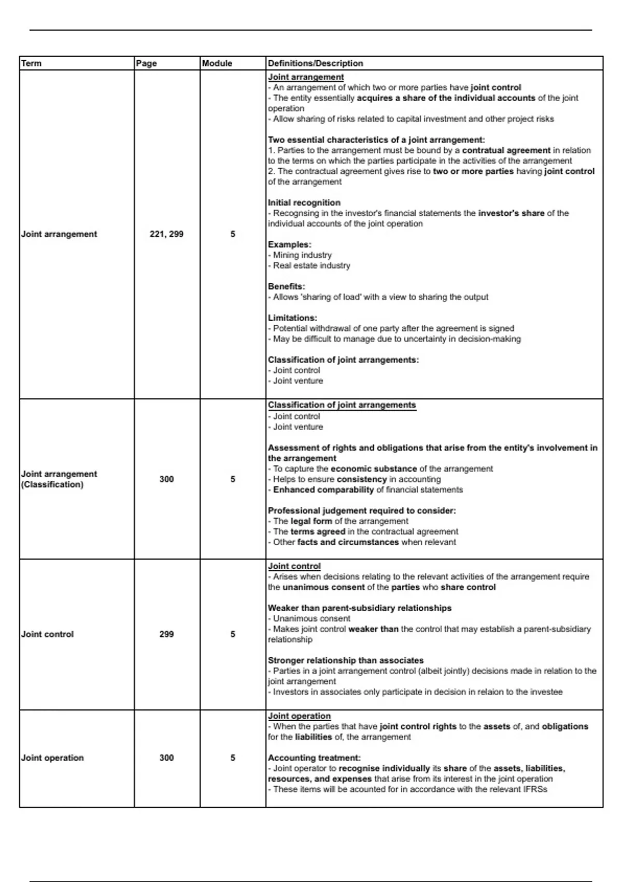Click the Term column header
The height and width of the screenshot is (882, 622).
pos(31,63)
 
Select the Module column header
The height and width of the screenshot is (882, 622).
pos(217,63)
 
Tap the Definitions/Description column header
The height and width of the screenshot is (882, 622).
pos(315,63)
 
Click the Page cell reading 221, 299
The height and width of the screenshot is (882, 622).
pos(166,234)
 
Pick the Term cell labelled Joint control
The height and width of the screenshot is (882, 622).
pos(48,634)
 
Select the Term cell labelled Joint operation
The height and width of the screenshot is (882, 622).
pos(52,757)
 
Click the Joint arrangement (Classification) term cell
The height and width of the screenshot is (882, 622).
pos(59,479)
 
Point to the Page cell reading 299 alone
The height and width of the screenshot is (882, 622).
pos(166,634)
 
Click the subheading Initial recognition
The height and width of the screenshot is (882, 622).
pos(304,202)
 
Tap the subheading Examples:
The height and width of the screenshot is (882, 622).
pos(289,244)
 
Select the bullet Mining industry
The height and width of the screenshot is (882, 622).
pos(302,255)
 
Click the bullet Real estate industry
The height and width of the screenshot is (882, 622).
pos(312,265)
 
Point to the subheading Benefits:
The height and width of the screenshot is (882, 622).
pos(287,286)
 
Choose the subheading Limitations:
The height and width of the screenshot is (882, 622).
pos(292,318)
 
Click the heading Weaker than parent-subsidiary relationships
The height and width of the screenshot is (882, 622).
pos(360,608)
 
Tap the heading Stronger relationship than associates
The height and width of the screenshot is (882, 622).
pos(346,660)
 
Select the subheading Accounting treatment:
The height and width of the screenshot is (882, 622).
pos(314,757)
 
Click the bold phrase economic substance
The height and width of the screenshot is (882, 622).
pos(374,468)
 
